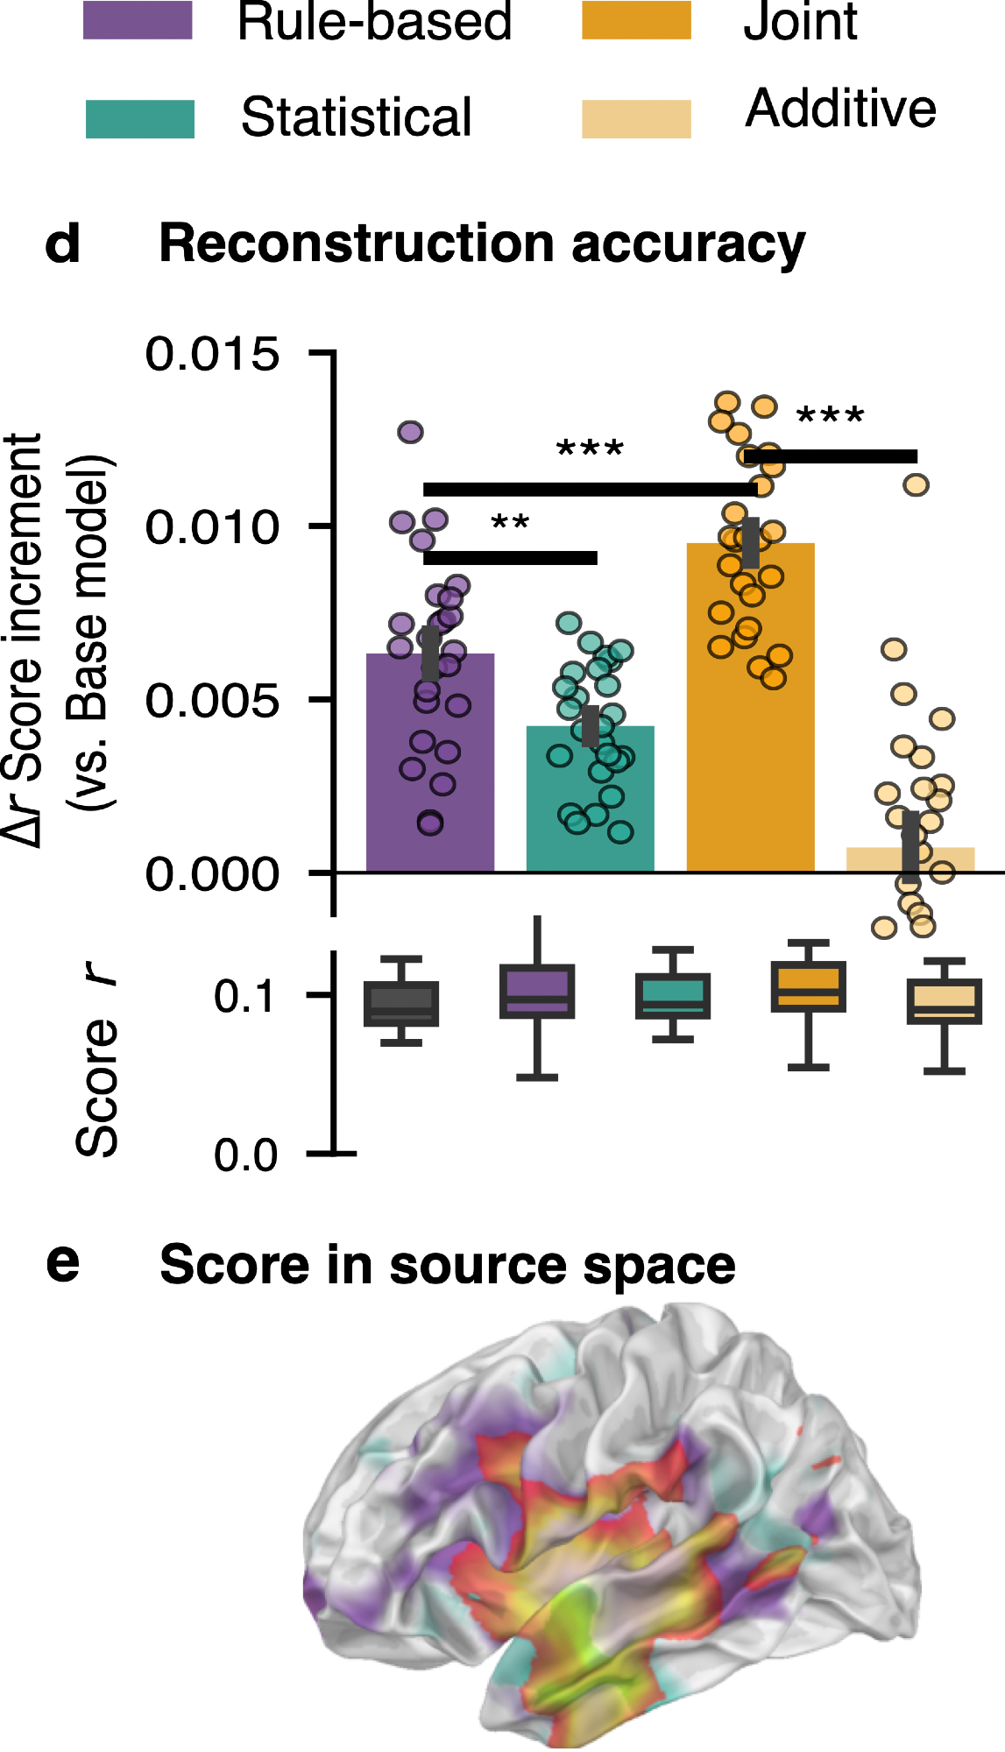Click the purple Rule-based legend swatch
point(138,20)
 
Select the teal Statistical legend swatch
point(139,119)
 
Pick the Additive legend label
point(840,109)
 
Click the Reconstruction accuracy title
point(481,244)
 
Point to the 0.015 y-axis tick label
point(212,354)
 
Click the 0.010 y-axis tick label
point(212,526)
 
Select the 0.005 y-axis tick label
point(212,700)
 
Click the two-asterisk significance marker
point(510,525)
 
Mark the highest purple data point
point(410,432)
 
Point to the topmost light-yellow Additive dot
point(916,484)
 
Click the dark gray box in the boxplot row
point(401,1003)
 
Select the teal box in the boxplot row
point(673,996)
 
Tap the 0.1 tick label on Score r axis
point(245,997)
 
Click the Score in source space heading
point(447,1266)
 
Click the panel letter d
point(62,244)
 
